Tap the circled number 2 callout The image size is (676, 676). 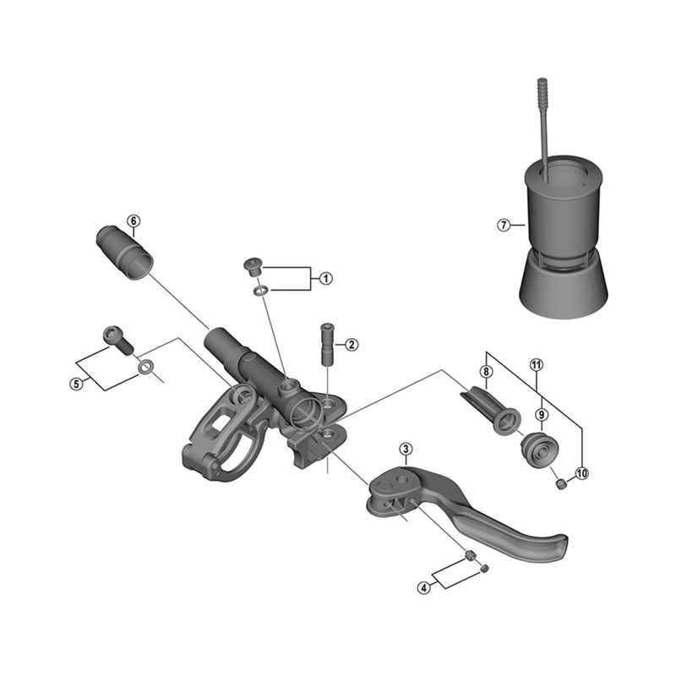pyautogui.click(x=352, y=345)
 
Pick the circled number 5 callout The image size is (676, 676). pyautogui.click(x=75, y=384)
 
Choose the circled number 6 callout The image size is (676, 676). pyautogui.click(x=134, y=221)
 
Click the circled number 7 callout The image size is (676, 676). pyautogui.click(x=504, y=225)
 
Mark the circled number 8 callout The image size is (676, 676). pyautogui.click(x=486, y=371)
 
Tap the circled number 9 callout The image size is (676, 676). pyautogui.click(x=542, y=415)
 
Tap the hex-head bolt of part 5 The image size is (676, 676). pyautogui.click(x=116, y=340)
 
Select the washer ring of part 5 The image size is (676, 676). pyautogui.click(x=145, y=368)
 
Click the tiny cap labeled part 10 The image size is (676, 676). pyautogui.click(x=559, y=482)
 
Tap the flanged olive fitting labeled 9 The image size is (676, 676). pyautogui.click(x=534, y=447)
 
